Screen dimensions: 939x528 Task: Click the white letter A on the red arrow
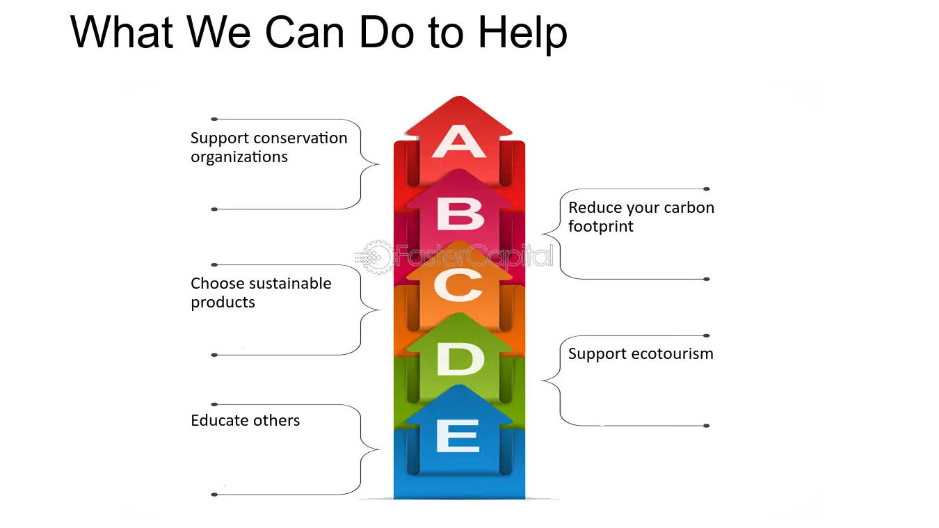(x=459, y=142)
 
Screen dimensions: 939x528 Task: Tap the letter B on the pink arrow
(x=460, y=214)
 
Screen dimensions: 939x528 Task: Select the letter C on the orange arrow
(x=458, y=285)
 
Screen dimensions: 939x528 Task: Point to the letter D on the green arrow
(x=460, y=359)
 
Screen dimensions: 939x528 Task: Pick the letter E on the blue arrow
(x=458, y=436)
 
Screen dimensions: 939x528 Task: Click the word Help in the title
(x=522, y=33)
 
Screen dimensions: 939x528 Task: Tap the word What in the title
(x=122, y=33)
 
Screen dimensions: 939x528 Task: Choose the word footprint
(x=601, y=227)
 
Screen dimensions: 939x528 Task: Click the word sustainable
(x=290, y=284)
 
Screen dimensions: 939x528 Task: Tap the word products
(x=223, y=303)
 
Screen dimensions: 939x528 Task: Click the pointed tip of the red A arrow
(x=459, y=97)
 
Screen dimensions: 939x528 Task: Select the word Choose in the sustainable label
(x=218, y=284)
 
